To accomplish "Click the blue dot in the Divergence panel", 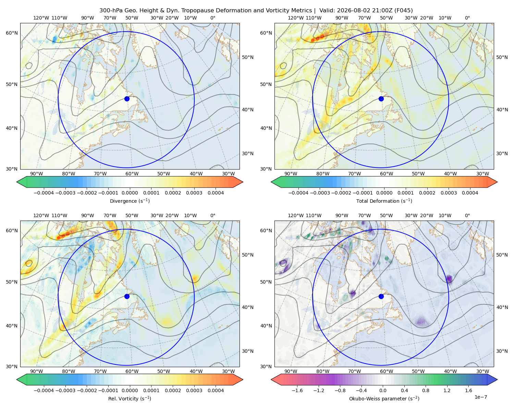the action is click(x=127, y=99).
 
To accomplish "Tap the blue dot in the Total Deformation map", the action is click(x=381, y=99).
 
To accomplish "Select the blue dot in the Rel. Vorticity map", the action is click(x=127, y=296).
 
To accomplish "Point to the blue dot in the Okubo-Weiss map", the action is click(x=381, y=296).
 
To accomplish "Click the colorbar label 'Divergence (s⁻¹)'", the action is click(x=130, y=201).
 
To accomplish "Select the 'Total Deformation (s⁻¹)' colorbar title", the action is click(x=384, y=201).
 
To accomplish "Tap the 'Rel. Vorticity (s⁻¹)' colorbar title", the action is click(x=130, y=398).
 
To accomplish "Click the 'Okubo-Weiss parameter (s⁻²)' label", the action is click(x=384, y=398).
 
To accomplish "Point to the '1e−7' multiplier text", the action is click(x=480, y=397).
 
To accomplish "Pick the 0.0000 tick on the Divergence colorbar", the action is click(x=130, y=193).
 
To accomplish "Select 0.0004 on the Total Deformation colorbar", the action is click(x=470, y=193).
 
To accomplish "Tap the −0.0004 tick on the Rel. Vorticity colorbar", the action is click(x=44, y=390).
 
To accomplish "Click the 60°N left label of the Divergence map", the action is click(x=12, y=33).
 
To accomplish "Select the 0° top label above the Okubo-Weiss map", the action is click(x=467, y=215).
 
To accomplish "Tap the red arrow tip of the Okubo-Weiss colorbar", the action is click(x=271, y=379).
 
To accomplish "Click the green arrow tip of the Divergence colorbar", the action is click(x=17, y=182).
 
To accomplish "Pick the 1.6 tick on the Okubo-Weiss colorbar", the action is click(x=468, y=390).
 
